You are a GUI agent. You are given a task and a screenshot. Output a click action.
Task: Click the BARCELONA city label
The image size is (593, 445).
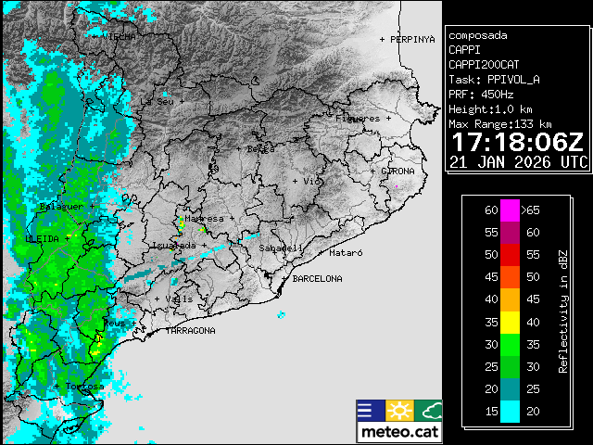[x=317, y=278]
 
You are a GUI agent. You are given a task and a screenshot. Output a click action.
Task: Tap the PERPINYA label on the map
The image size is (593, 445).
[x=411, y=40]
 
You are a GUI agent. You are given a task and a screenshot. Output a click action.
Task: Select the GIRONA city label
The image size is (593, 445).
[x=397, y=172]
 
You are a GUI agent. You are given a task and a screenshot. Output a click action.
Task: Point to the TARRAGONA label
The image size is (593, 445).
[x=191, y=331]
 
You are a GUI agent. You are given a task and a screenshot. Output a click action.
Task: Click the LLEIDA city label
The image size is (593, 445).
[x=43, y=239]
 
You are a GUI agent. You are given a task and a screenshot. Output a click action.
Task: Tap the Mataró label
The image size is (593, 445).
[x=346, y=252]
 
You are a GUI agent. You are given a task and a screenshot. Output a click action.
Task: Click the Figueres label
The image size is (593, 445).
[x=358, y=119]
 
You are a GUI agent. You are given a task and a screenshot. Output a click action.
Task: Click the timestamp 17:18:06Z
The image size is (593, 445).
[x=517, y=143]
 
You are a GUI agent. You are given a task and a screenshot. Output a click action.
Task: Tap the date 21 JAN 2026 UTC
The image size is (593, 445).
[x=517, y=162]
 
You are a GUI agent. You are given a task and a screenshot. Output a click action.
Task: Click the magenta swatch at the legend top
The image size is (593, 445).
[x=510, y=210]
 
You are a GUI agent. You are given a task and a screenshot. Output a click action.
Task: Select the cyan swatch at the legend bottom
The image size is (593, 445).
[x=510, y=411]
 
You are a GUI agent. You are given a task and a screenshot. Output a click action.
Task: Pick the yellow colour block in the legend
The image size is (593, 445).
[x=510, y=322]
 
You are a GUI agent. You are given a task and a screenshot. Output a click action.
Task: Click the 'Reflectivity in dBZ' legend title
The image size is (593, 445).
[x=562, y=311]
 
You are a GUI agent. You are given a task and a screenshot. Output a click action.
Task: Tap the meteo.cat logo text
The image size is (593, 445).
[x=399, y=432]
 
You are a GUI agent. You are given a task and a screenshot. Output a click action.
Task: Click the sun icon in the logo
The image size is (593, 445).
[x=399, y=411]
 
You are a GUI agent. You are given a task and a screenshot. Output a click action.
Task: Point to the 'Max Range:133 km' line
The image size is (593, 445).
[x=500, y=123]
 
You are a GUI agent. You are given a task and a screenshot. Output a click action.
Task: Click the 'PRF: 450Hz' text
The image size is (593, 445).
[x=480, y=95]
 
